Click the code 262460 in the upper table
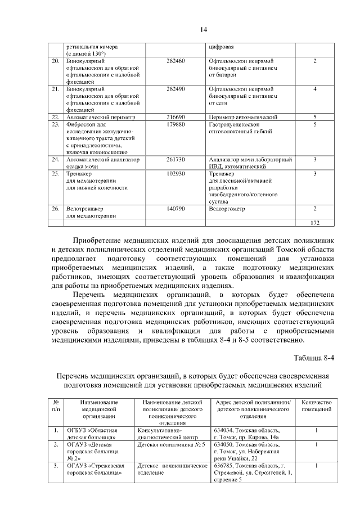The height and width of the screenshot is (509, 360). click(175, 61)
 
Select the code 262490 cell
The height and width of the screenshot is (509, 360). click(175, 89)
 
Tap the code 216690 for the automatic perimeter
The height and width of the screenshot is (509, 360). click(175, 117)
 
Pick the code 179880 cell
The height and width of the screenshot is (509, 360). click(175, 124)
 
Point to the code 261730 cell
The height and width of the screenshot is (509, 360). click(175, 160)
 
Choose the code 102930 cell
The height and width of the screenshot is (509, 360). click(175, 174)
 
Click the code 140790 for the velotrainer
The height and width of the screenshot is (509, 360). click(175, 209)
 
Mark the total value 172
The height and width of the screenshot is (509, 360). click(315, 223)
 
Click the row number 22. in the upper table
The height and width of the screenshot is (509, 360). click(55, 117)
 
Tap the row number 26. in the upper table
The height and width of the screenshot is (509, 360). click(55, 209)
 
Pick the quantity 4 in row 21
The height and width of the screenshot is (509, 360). click(315, 89)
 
